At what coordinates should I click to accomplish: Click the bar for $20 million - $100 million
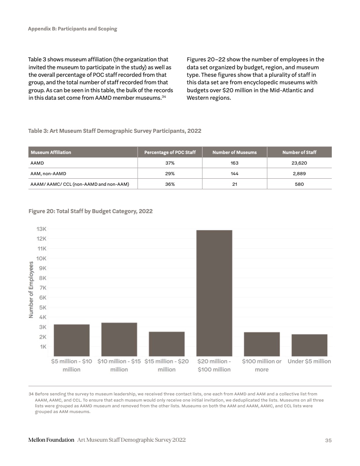[x=214, y=293]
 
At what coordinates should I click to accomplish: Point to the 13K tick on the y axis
[x=41, y=229]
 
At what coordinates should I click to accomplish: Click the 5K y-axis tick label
[x=43, y=307]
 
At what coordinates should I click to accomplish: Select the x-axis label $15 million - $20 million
[x=167, y=365]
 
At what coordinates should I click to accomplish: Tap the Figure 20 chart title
[x=90, y=211]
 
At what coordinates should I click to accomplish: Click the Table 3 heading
[x=115, y=131]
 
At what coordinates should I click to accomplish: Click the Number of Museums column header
[x=234, y=152]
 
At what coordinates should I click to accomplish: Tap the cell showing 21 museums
[x=234, y=184]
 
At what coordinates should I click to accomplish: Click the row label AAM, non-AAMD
[x=48, y=174]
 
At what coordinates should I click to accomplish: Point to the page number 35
[x=328, y=440]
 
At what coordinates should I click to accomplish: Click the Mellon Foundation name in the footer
[x=51, y=440]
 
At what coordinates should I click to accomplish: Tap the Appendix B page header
[x=72, y=29]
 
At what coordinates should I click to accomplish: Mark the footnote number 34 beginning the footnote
[x=31, y=392]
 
